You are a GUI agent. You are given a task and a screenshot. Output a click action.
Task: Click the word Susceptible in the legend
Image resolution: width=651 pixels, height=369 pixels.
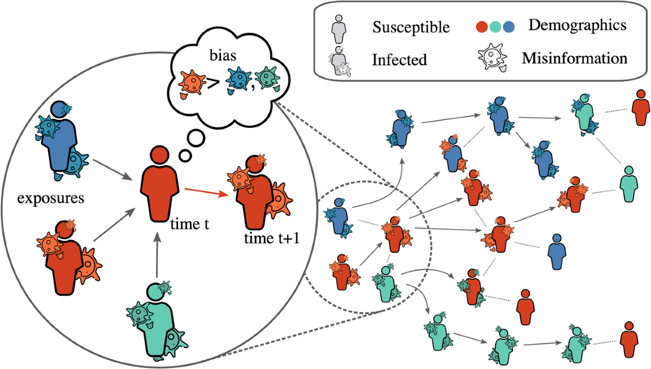tap(411, 28)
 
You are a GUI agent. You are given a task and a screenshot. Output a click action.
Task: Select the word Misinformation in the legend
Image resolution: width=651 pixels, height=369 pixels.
tap(575, 58)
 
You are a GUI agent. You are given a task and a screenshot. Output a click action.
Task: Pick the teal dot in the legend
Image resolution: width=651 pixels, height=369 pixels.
tap(496, 26)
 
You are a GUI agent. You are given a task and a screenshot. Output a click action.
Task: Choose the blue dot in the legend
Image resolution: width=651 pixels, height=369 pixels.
tap(508, 26)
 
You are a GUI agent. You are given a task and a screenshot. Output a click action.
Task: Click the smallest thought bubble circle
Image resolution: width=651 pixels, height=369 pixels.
tap(184, 157)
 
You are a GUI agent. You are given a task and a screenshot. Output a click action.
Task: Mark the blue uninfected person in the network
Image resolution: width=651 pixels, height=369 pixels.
tap(556, 252)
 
